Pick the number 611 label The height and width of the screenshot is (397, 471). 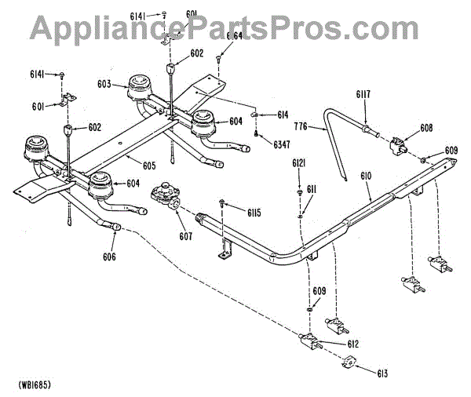pyautogui.click(x=312, y=189)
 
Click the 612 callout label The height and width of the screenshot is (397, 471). pyautogui.click(x=353, y=343)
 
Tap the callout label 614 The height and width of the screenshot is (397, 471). pyautogui.click(x=283, y=115)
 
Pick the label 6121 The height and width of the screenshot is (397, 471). pyautogui.click(x=299, y=162)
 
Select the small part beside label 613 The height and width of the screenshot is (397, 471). pyautogui.click(x=349, y=362)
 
